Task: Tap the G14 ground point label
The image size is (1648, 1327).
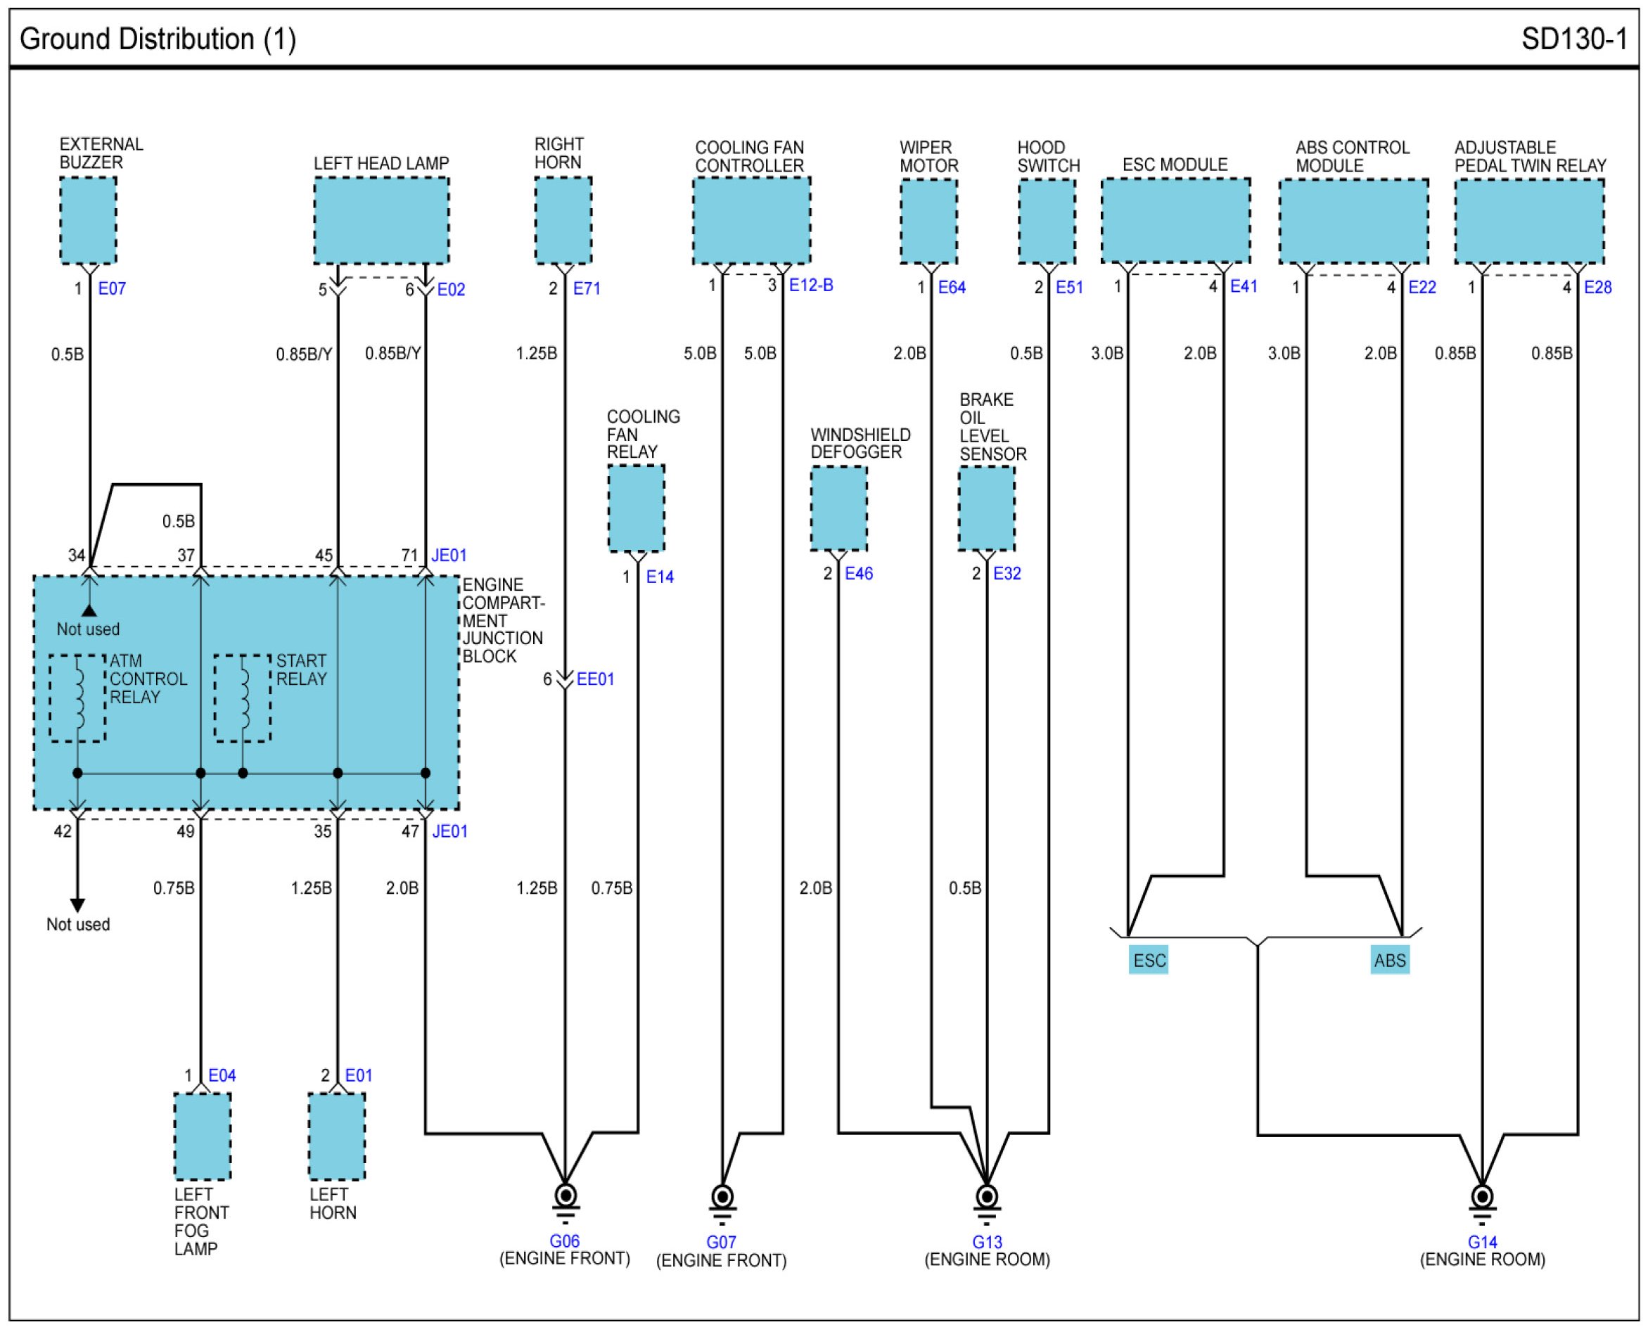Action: [x=1482, y=1242]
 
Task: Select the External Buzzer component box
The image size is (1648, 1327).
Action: [x=89, y=220]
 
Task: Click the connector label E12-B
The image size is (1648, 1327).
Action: [x=811, y=285]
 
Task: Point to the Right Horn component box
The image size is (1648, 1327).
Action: [x=563, y=220]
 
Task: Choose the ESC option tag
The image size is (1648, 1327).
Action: [x=1149, y=960]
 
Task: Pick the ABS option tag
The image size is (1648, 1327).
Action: [x=1390, y=960]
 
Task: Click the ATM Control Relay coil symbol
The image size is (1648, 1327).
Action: [x=78, y=698]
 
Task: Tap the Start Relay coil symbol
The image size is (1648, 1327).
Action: [x=243, y=698]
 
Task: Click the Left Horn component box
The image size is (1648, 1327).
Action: [x=337, y=1136]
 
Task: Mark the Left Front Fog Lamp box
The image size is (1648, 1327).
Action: [x=203, y=1136]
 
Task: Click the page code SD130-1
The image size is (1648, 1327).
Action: [x=1574, y=39]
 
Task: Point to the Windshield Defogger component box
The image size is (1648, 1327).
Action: [x=838, y=508]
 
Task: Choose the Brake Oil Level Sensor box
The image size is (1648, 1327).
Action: [x=987, y=508]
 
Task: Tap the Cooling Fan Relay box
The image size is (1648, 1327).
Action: [x=637, y=508]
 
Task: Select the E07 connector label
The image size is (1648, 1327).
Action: [x=112, y=288]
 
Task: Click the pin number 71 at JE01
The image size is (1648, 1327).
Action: [x=409, y=555]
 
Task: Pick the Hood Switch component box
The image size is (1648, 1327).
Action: [x=1047, y=222]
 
